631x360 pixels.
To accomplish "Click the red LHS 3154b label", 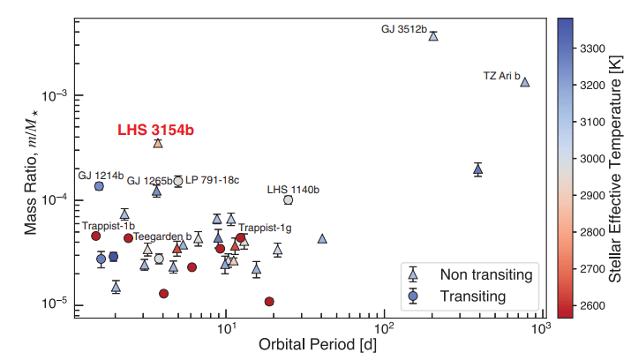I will click(x=155, y=130).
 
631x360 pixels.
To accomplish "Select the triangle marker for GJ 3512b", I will click(x=433, y=36).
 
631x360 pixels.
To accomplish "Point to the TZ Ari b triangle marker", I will click(x=525, y=82).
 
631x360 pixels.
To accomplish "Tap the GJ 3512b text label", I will click(x=403, y=29).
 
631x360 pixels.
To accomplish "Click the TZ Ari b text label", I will click(x=501, y=75).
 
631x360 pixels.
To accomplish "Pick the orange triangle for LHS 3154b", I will click(x=158, y=143).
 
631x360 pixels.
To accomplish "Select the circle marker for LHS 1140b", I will click(x=288, y=200).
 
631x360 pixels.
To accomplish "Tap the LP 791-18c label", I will click(x=213, y=180).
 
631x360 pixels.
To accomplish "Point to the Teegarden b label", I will click(x=162, y=236).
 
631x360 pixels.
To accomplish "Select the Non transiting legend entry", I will click(x=489, y=274).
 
